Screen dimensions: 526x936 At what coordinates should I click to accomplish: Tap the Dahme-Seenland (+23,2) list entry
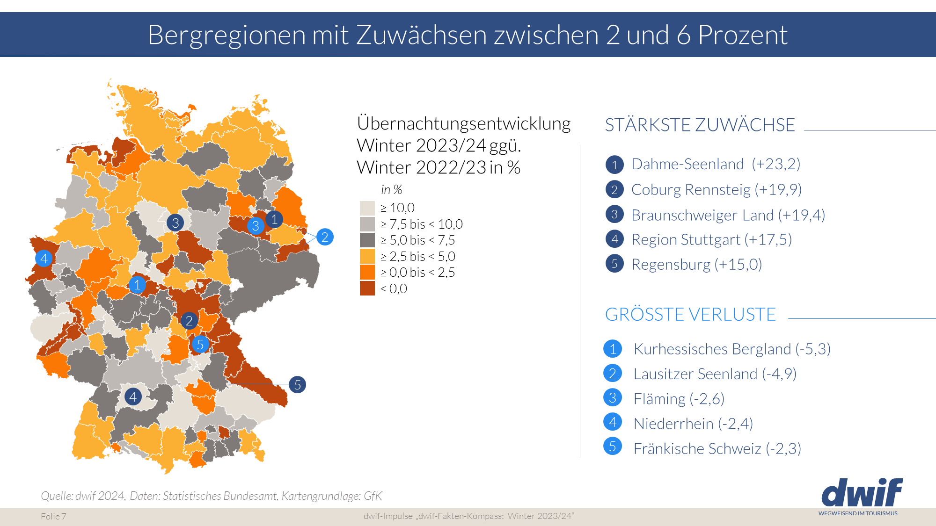click(x=716, y=164)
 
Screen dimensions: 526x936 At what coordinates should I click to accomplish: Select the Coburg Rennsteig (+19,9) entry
click(x=716, y=189)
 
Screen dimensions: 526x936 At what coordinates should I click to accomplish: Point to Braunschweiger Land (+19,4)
click(x=728, y=215)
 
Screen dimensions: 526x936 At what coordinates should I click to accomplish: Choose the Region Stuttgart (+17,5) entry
click(x=711, y=239)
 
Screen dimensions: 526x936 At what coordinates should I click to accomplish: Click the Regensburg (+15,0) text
click(x=696, y=264)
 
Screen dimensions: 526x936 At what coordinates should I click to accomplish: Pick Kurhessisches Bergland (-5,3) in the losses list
click(x=732, y=349)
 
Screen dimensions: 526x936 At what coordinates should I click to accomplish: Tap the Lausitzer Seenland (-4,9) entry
click(x=715, y=374)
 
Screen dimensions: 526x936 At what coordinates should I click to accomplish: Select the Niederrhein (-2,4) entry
click(x=693, y=423)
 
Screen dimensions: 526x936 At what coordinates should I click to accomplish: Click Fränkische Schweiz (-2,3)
click(x=717, y=448)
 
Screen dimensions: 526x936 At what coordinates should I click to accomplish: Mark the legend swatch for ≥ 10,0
click(x=367, y=208)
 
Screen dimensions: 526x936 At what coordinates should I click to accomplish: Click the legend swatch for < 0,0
click(x=367, y=288)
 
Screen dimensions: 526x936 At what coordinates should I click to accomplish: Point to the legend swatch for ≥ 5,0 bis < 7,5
click(x=367, y=240)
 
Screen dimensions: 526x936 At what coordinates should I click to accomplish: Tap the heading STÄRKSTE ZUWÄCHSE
click(x=700, y=125)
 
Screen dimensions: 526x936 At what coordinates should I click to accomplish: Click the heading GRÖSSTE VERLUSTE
click(x=690, y=314)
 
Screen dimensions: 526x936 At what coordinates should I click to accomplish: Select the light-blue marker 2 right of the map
click(x=325, y=237)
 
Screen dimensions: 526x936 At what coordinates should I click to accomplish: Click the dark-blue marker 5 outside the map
click(x=297, y=385)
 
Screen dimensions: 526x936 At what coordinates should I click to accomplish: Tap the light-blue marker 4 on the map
click(x=44, y=258)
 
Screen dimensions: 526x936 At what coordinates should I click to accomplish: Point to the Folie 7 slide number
click(x=53, y=516)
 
